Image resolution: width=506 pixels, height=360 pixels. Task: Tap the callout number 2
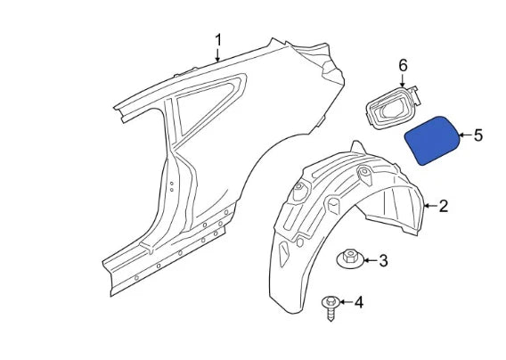coord(443,207)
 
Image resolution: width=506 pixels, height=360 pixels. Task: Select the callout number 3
coord(383,261)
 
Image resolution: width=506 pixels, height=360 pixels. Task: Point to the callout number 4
coord(359,303)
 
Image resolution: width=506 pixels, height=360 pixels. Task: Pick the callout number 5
coord(477,135)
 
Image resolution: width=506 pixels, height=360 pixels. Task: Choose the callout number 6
coord(402,66)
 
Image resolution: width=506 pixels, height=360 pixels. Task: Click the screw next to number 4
coord(330,307)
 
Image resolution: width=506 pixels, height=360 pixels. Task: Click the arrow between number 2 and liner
coord(428,207)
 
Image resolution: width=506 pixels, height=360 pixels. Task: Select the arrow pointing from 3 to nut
coord(370,261)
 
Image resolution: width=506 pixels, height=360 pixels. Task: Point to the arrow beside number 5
coord(464,135)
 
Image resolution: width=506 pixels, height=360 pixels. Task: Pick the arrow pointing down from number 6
coord(402,81)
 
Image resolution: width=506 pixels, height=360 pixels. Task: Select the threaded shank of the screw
coord(331,313)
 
